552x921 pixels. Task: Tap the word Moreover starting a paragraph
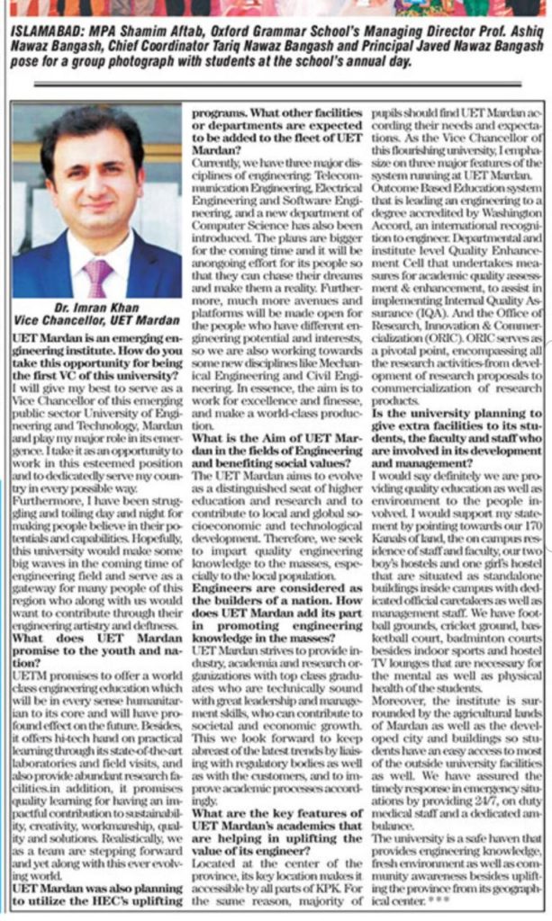(x=401, y=694)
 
